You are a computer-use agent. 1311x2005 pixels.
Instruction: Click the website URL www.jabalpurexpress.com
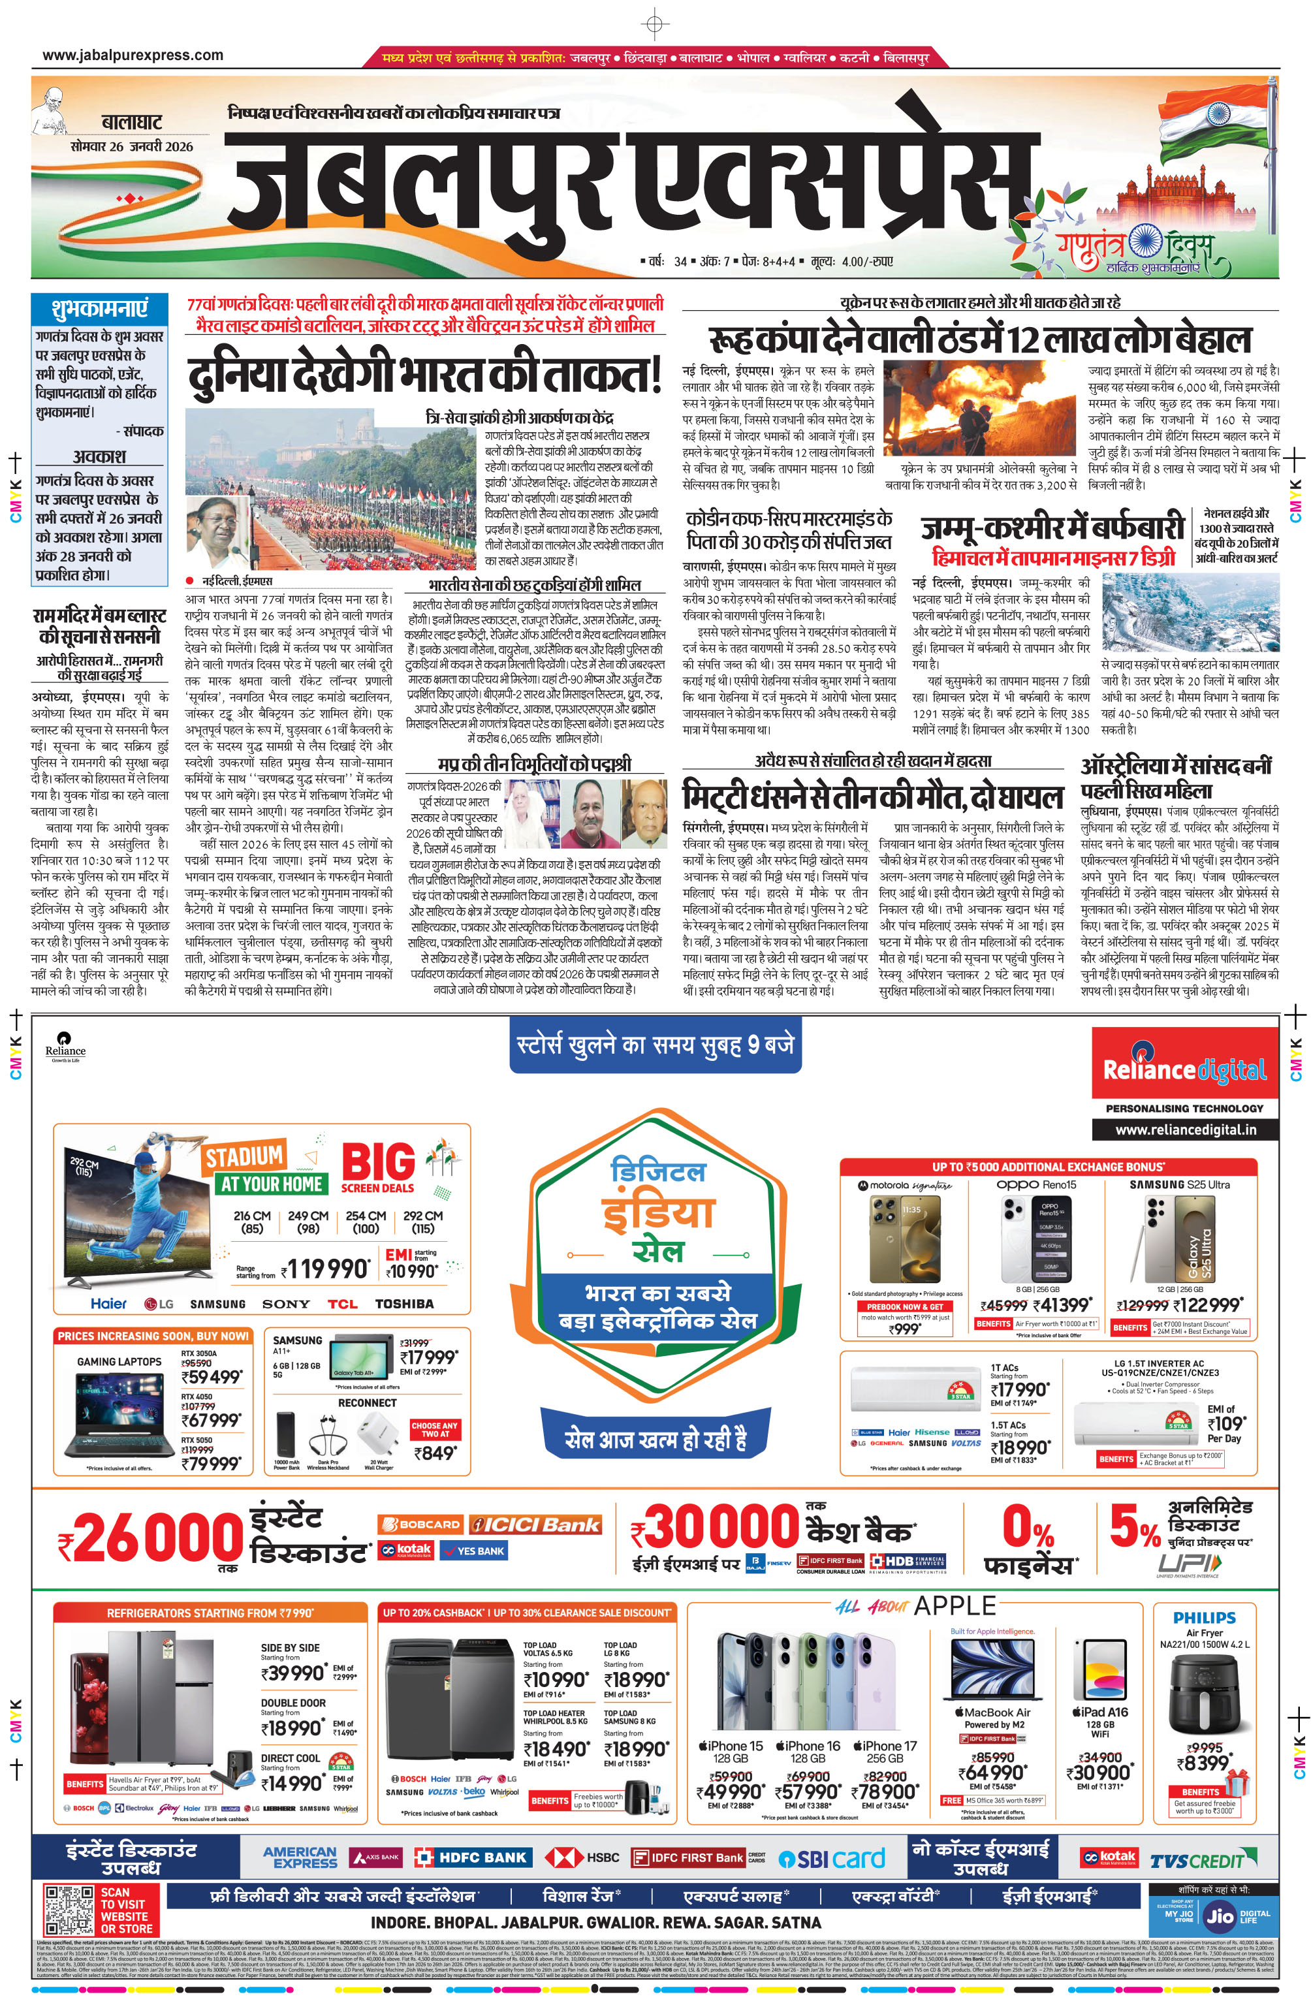point(133,55)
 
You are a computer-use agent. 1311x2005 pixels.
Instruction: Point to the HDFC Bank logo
point(471,1857)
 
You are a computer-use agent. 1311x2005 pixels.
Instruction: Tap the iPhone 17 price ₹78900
point(888,1790)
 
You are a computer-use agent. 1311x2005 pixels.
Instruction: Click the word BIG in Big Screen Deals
point(378,1161)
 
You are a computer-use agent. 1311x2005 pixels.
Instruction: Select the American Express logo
point(300,1857)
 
